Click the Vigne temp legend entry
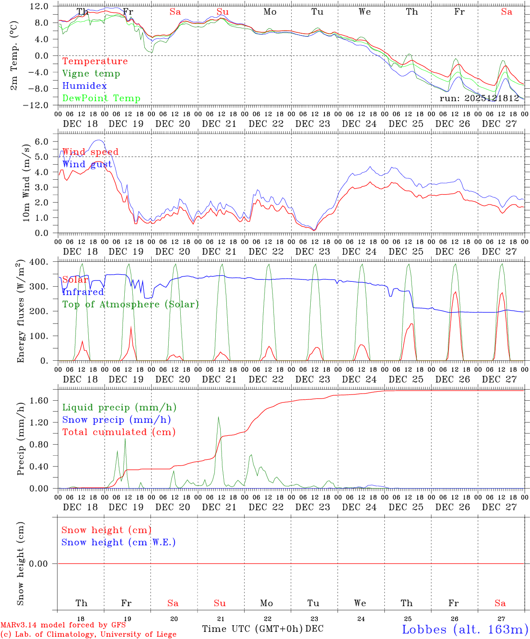point(91,74)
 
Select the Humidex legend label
point(84,86)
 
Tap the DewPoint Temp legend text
point(101,99)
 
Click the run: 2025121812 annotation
point(479,99)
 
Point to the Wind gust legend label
point(87,164)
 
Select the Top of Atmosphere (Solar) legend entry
point(131,304)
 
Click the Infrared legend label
point(83,292)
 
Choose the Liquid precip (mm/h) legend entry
point(119,407)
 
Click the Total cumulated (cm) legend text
point(119,432)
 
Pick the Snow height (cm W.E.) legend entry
point(119,542)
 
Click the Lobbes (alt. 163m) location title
point(465,629)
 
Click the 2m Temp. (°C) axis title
point(14,55)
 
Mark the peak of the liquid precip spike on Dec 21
point(218,417)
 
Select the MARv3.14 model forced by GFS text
point(63,625)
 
